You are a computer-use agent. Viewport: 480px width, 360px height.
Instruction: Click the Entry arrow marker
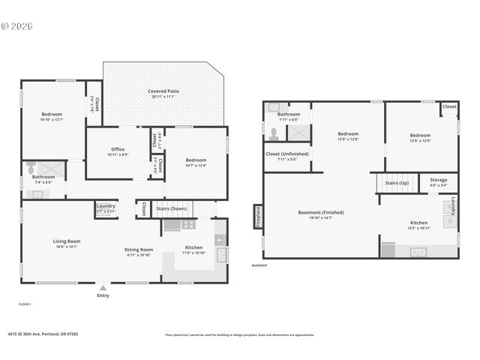[103, 287]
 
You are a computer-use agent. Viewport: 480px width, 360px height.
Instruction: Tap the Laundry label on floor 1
[106, 208]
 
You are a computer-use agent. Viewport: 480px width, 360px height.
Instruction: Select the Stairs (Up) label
[397, 182]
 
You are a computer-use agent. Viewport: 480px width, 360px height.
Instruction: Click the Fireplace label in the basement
[259, 216]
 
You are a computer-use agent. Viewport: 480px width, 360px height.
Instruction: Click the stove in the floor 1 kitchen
[189, 223]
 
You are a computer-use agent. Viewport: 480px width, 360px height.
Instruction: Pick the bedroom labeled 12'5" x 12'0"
[420, 137]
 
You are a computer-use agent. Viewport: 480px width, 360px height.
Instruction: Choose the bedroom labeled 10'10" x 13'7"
[52, 116]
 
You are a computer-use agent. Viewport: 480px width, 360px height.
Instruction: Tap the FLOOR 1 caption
[25, 304]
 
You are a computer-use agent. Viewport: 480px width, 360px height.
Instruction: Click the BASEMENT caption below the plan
[259, 265]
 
